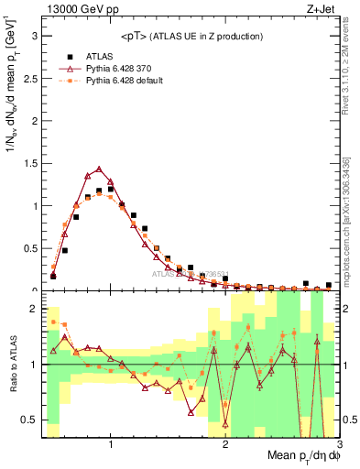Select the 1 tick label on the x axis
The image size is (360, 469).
111,445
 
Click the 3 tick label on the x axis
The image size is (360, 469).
339,445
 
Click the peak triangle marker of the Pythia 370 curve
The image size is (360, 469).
99,169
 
